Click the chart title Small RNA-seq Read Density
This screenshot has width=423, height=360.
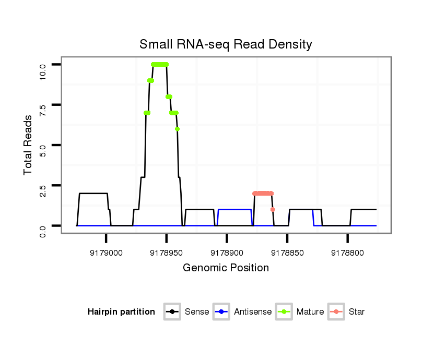coord(226,44)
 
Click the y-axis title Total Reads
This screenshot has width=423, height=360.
coord(28,145)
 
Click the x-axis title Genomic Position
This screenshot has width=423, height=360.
coord(226,268)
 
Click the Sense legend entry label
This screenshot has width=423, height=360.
coord(196,312)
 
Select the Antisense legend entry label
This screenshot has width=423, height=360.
coord(253,312)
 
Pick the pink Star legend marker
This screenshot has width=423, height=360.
coord(337,312)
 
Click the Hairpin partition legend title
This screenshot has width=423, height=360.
coord(121,312)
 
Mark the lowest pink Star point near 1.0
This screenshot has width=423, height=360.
coord(273,209)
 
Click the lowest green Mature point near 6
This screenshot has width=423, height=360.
coord(178,129)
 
